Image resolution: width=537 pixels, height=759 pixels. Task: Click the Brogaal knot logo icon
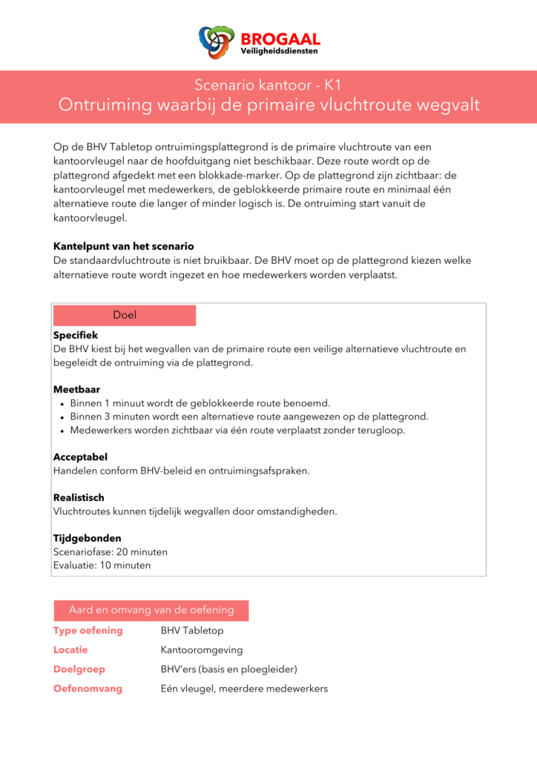(x=217, y=42)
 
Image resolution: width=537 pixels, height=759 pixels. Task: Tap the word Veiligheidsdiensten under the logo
(x=280, y=52)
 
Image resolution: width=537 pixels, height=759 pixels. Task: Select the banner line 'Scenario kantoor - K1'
(x=268, y=84)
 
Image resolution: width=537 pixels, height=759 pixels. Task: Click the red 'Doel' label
(x=125, y=315)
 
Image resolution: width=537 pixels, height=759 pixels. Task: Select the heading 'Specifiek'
(x=76, y=335)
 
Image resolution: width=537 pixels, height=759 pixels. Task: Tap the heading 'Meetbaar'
(x=76, y=389)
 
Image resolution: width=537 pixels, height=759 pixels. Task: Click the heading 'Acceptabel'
(x=80, y=457)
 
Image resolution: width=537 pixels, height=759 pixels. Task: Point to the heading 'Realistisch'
(x=79, y=498)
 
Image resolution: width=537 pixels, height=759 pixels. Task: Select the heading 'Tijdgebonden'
(x=87, y=538)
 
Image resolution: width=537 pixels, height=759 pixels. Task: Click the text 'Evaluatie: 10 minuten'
(x=102, y=565)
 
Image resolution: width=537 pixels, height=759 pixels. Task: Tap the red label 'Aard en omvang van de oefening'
(x=151, y=610)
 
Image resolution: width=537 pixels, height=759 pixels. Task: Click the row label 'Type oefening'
(x=88, y=631)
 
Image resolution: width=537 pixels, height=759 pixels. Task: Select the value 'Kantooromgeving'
(x=201, y=650)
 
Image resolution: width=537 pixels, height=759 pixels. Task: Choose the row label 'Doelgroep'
(x=79, y=669)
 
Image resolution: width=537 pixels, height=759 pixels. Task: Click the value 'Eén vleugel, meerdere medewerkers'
(x=244, y=689)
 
